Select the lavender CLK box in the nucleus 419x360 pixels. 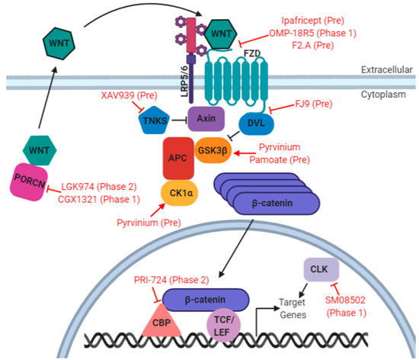317,269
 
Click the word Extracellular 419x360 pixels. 386,69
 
